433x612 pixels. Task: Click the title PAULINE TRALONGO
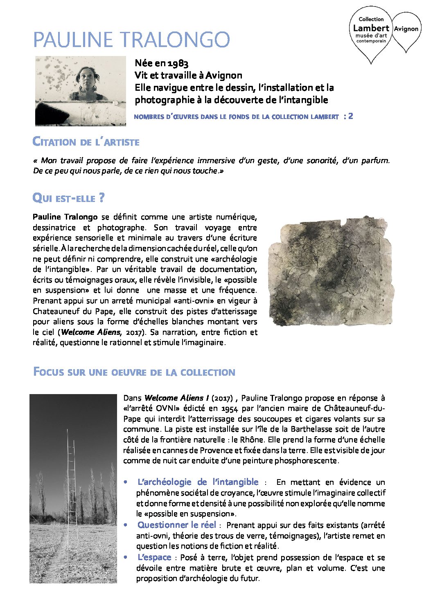pos(131,40)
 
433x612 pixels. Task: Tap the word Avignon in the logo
pos(406,29)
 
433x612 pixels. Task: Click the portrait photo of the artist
pos(80,91)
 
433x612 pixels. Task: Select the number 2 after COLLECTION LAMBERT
pos(351,116)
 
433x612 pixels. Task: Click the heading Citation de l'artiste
pos(86,142)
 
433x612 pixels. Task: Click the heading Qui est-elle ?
pos(68,198)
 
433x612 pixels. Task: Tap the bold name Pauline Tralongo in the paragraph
pos(65,217)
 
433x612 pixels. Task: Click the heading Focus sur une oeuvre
pos(134,372)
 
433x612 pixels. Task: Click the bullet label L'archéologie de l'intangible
pos(198,482)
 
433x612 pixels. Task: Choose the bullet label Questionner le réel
pos(177,525)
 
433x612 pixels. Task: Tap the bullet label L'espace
pos(154,557)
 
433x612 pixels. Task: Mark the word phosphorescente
pos(307,461)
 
